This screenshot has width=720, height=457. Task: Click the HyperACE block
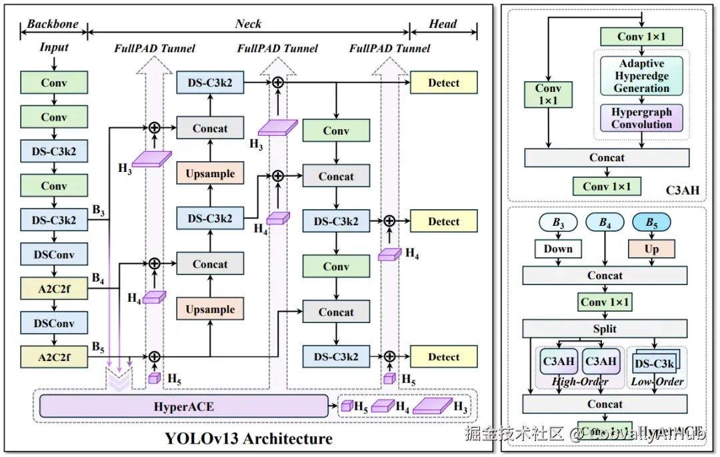click(184, 406)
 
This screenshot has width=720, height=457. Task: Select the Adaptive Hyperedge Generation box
click(641, 76)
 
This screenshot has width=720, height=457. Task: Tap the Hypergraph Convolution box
click(641, 118)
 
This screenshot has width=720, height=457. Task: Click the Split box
click(605, 328)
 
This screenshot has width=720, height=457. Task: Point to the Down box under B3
click(558, 248)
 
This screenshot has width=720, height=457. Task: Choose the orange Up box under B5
click(651, 248)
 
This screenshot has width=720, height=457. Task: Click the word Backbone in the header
click(53, 24)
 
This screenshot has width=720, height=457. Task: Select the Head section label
click(443, 24)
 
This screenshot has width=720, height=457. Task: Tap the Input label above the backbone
click(54, 48)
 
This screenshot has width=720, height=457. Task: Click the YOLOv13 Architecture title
click(249, 438)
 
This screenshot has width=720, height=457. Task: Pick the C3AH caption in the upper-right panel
click(683, 191)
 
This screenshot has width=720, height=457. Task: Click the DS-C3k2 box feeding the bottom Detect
click(336, 356)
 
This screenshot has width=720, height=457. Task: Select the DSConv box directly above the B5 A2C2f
click(54, 323)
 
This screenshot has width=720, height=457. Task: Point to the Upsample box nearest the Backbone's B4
click(210, 309)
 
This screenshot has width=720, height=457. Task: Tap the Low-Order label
click(657, 382)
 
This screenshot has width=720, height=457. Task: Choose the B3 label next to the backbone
click(99, 212)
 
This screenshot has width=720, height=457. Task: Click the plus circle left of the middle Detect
click(389, 221)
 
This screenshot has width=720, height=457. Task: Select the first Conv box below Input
click(54, 83)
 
